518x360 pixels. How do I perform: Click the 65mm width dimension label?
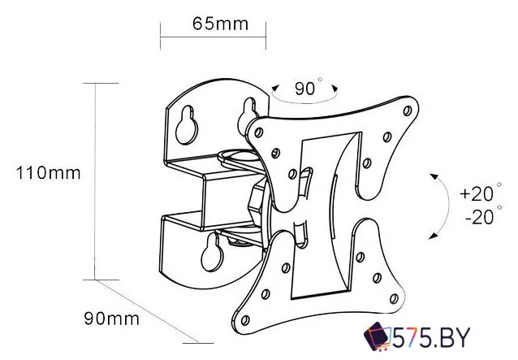[x=220, y=24]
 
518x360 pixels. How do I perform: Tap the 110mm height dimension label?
[x=48, y=173]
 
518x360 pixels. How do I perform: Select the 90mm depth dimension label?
[x=112, y=319]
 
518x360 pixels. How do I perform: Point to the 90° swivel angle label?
[x=308, y=87]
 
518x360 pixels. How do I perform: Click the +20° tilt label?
[x=481, y=193]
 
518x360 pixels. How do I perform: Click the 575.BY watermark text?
[x=431, y=337]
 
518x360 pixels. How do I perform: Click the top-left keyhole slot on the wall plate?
[x=187, y=125]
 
